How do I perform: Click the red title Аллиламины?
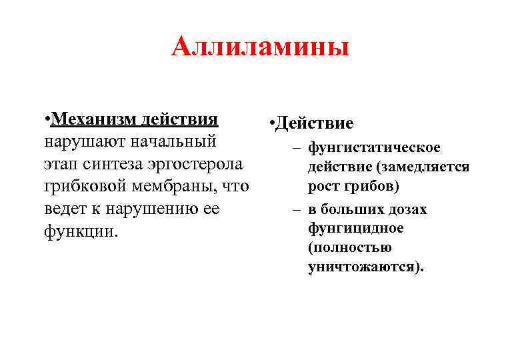(x=260, y=48)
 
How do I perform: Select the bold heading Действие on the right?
(x=314, y=125)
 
